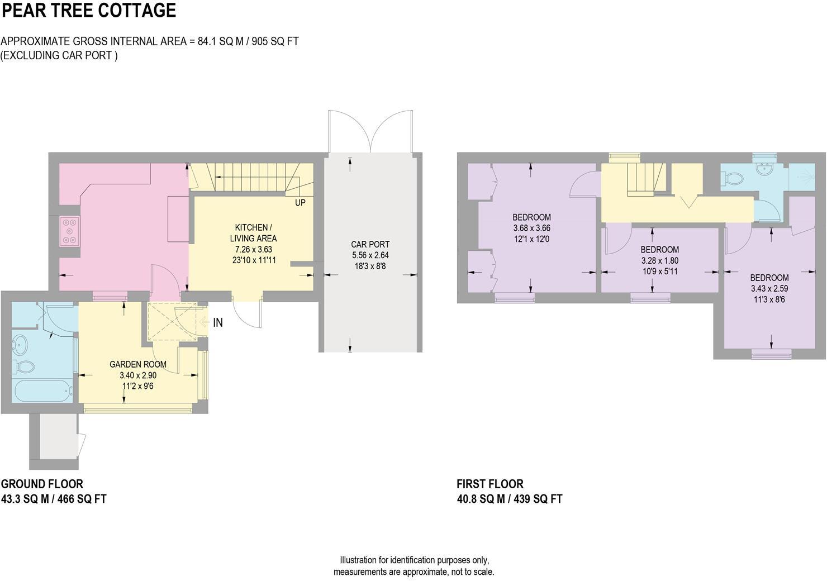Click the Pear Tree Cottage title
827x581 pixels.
click(x=89, y=11)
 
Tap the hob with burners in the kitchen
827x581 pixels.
click(x=69, y=231)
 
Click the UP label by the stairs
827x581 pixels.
click(x=300, y=203)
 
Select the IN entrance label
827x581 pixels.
click(x=218, y=323)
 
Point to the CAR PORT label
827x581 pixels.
click(x=370, y=244)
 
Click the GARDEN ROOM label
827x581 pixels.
click(x=137, y=364)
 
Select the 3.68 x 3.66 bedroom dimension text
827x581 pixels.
click(x=531, y=228)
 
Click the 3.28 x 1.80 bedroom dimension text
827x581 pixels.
click(x=659, y=260)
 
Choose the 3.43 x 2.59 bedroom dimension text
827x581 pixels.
click(x=769, y=288)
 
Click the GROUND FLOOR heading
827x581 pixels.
click(x=42, y=484)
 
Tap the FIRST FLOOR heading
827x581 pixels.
click(x=490, y=484)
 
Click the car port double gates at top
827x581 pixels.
click(x=370, y=131)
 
